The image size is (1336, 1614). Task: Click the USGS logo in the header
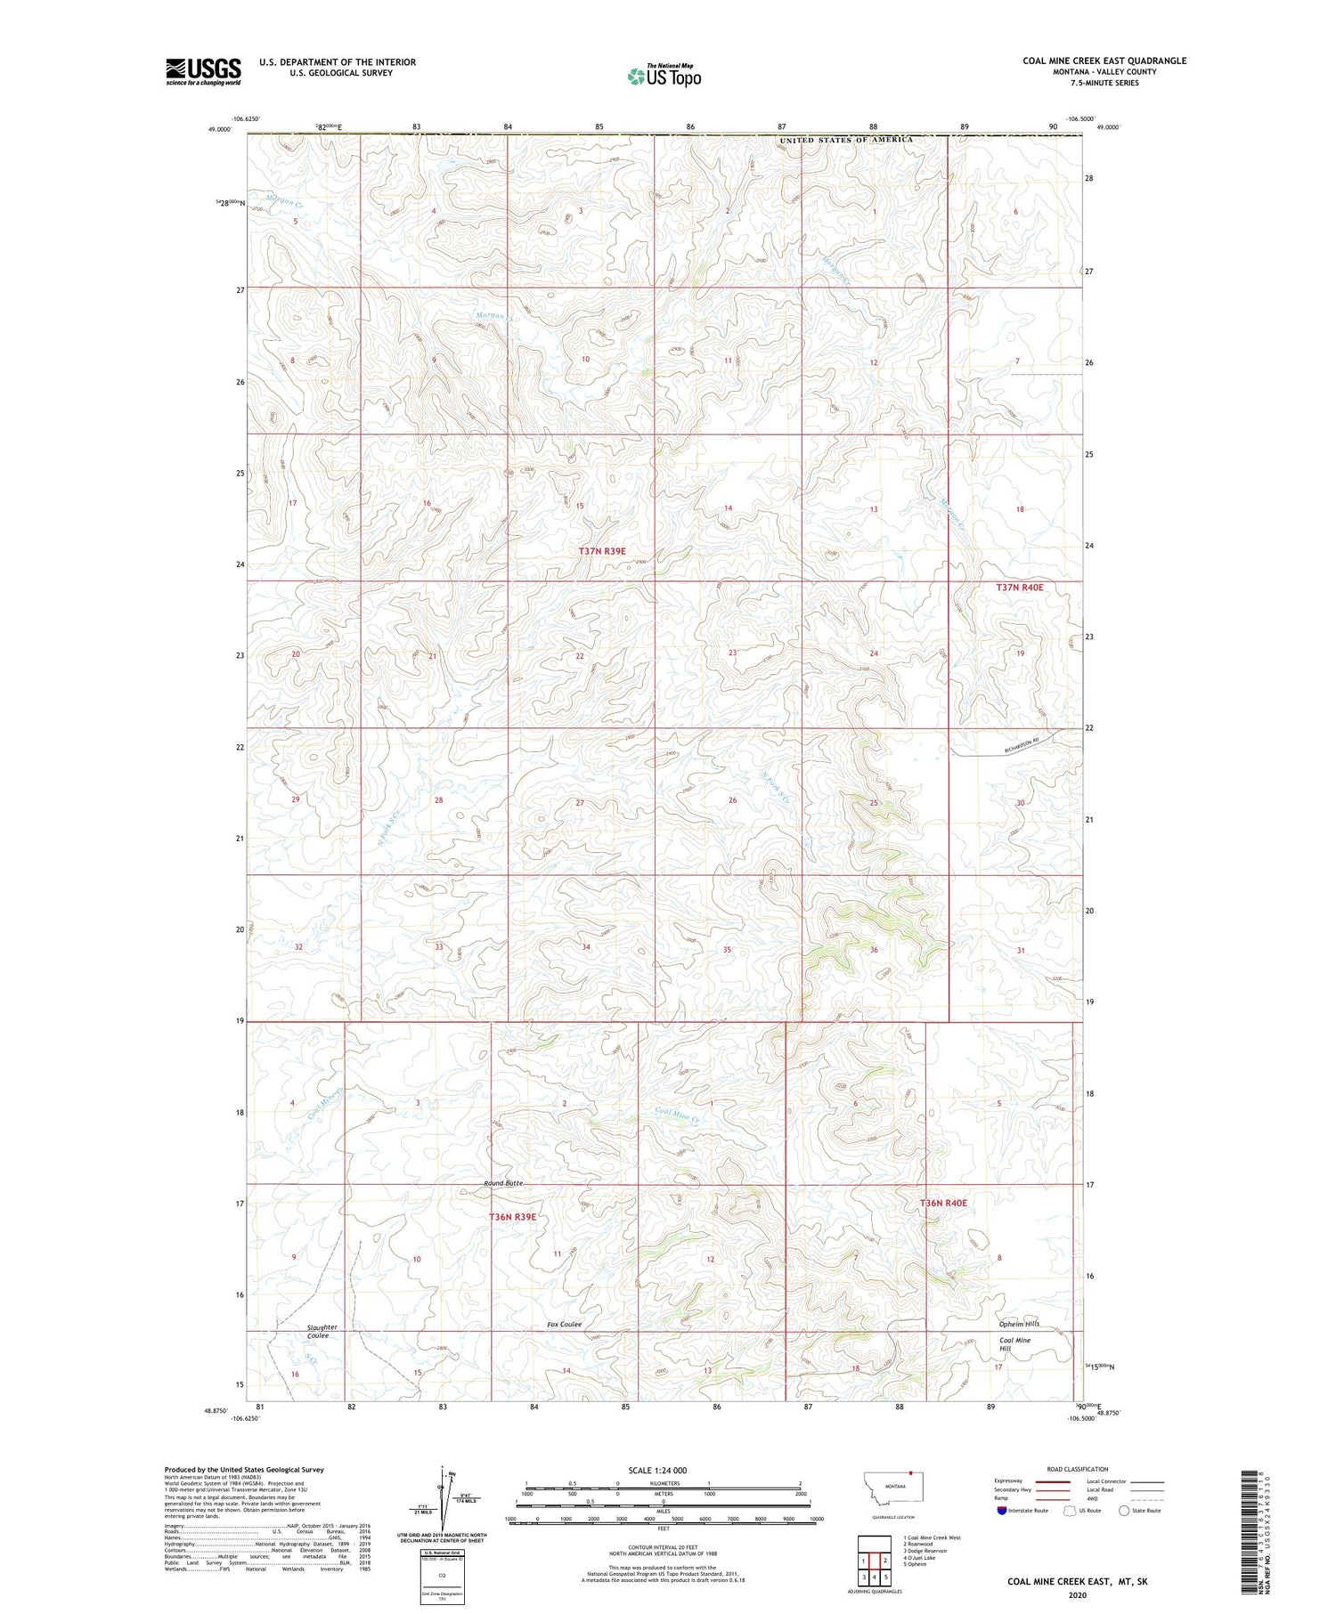pyautogui.click(x=203, y=71)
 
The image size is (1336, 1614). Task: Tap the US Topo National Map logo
pyautogui.click(x=664, y=76)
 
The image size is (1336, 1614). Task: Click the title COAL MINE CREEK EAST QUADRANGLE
pyautogui.click(x=1104, y=61)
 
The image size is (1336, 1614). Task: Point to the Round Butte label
pyautogui.click(x=503, y=1183)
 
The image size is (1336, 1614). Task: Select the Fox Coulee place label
pyautogui.click(x=564, y=1325)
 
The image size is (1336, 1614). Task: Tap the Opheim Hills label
pyautogui.click(x=1019, y=1324)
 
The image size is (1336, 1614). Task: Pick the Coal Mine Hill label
pyautogui.click(x=1014, y=1345)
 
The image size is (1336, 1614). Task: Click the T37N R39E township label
pyautogui.click(x=602, y=551)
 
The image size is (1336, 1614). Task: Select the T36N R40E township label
pyautogui.click(x=943, y=1203)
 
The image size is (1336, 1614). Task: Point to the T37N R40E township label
pyautogui.click(x=1019, y=588)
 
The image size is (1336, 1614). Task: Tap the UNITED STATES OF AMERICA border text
pyautogui.click(x=846, y=140)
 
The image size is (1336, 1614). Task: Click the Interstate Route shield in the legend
pyautogui.click(x=1003, y=1511)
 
